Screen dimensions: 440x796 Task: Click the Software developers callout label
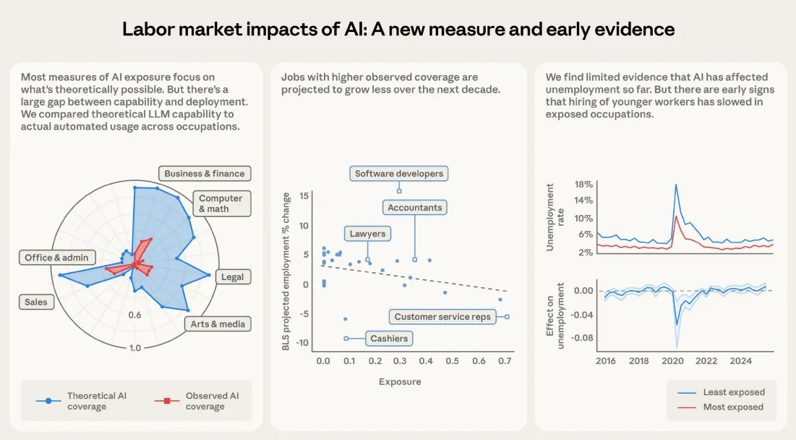coord(399,174)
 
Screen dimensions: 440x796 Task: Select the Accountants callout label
coord(414,208)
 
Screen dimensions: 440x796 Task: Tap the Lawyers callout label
coord(367,234)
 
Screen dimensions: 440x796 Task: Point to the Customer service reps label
coord(442,316)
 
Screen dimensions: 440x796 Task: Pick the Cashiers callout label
coord(389,338)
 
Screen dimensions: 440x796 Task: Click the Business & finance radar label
coord(205,174)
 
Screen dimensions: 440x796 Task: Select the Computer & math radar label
coord(221,203)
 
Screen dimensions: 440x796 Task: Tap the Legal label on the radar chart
coord(232,276)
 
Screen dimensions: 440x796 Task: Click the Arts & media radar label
coord(218,323)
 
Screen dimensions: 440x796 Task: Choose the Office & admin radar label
coord(56,258)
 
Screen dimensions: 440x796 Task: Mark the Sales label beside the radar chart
coord(35,302)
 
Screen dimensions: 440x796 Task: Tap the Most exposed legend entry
coord(733,407)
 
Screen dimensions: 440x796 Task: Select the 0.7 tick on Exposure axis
coord(505,360)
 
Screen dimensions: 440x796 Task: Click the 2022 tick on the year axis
coord(706,360)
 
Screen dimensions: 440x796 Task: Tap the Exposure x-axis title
coord(399,381)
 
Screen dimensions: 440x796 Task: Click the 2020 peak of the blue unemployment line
coord(676,185)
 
